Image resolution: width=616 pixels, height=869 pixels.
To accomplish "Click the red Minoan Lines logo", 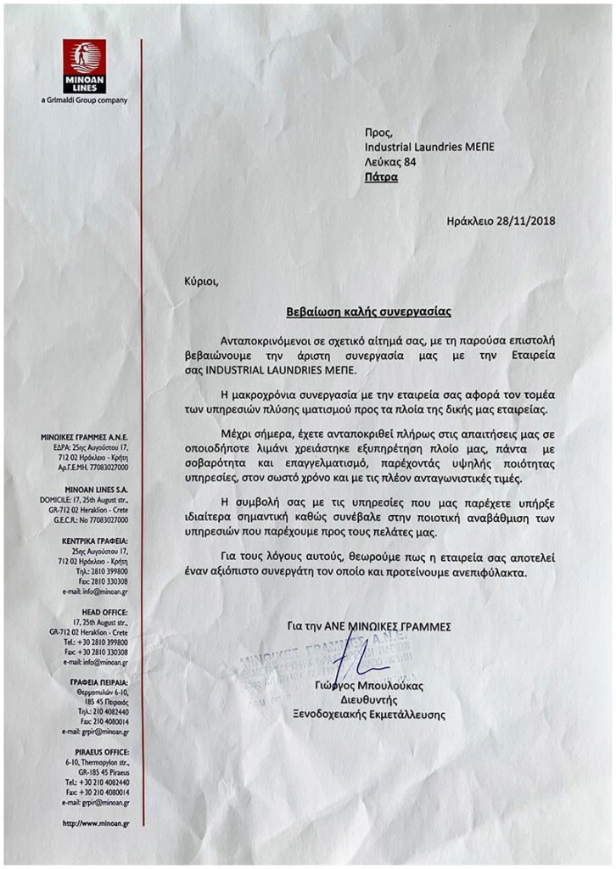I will click(83, 65).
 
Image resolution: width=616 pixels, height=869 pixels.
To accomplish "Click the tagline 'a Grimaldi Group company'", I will click(84, 100).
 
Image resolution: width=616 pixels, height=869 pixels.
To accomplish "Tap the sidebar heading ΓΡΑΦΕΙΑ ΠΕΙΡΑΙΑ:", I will click(100, 681).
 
